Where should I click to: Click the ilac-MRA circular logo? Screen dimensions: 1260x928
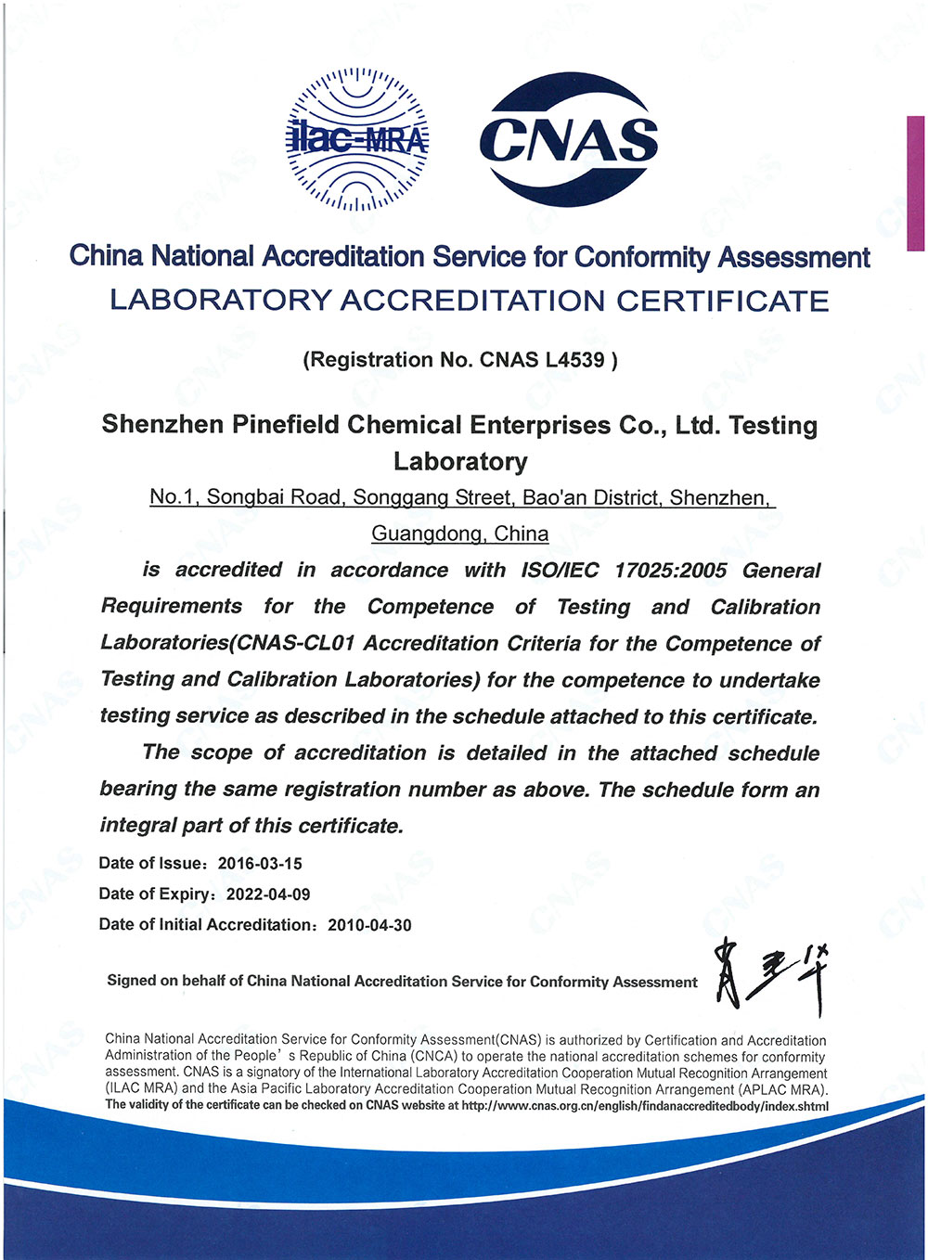[x=357, y=139]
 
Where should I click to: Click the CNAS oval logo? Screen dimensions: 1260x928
[x=569, y=139]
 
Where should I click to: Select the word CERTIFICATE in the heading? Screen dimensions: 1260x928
[x=723, y=301]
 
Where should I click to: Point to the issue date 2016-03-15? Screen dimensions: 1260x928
[x=260, y=864]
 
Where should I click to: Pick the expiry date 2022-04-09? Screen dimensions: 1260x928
[x=268, y=894]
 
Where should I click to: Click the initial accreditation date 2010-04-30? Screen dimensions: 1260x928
[x=369, y=925]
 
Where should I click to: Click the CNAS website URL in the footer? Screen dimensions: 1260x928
[x=645, y=1105]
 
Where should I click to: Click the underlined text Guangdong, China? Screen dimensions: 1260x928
[x=460, y=534]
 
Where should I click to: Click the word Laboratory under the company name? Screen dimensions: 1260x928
[x=460, y=461]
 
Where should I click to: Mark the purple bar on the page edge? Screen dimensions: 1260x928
[x=915, y=183]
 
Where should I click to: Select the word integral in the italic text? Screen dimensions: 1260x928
[x=139, y=826]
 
